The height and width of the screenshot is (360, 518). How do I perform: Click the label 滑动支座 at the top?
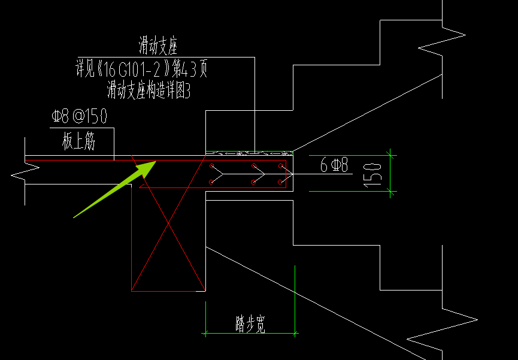[x=158, y=46]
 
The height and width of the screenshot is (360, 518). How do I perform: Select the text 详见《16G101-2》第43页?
[x=142, y=69]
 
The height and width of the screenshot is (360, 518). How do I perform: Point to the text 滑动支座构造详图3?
[x=149, y=90]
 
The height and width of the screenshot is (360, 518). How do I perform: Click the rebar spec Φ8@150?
[x=79, y=116]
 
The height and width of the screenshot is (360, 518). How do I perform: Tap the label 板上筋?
[x=78, y=142]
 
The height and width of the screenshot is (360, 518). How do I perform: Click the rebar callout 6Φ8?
[x=334, y=165]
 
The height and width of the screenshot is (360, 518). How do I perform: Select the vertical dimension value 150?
[x=373, y=175]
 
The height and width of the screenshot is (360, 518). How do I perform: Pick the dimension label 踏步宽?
[x=250, y=324]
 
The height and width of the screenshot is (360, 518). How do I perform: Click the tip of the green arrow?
[x=156, y=161]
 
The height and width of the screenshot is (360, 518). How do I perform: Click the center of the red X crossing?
[x=168, y=223]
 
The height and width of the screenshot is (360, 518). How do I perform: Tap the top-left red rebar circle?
[x=212, y=165]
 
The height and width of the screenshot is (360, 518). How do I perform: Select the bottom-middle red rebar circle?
[x=253, y=182]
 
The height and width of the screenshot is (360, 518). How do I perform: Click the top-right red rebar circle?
[x=280, y=165]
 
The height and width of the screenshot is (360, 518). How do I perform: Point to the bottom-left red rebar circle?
[x=212, y=182]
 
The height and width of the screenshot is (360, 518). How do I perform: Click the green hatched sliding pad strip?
[x=250, y=153]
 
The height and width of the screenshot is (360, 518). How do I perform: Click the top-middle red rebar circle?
[x=253, y=165]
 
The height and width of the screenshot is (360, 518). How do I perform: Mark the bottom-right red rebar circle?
[x=280, y=182]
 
